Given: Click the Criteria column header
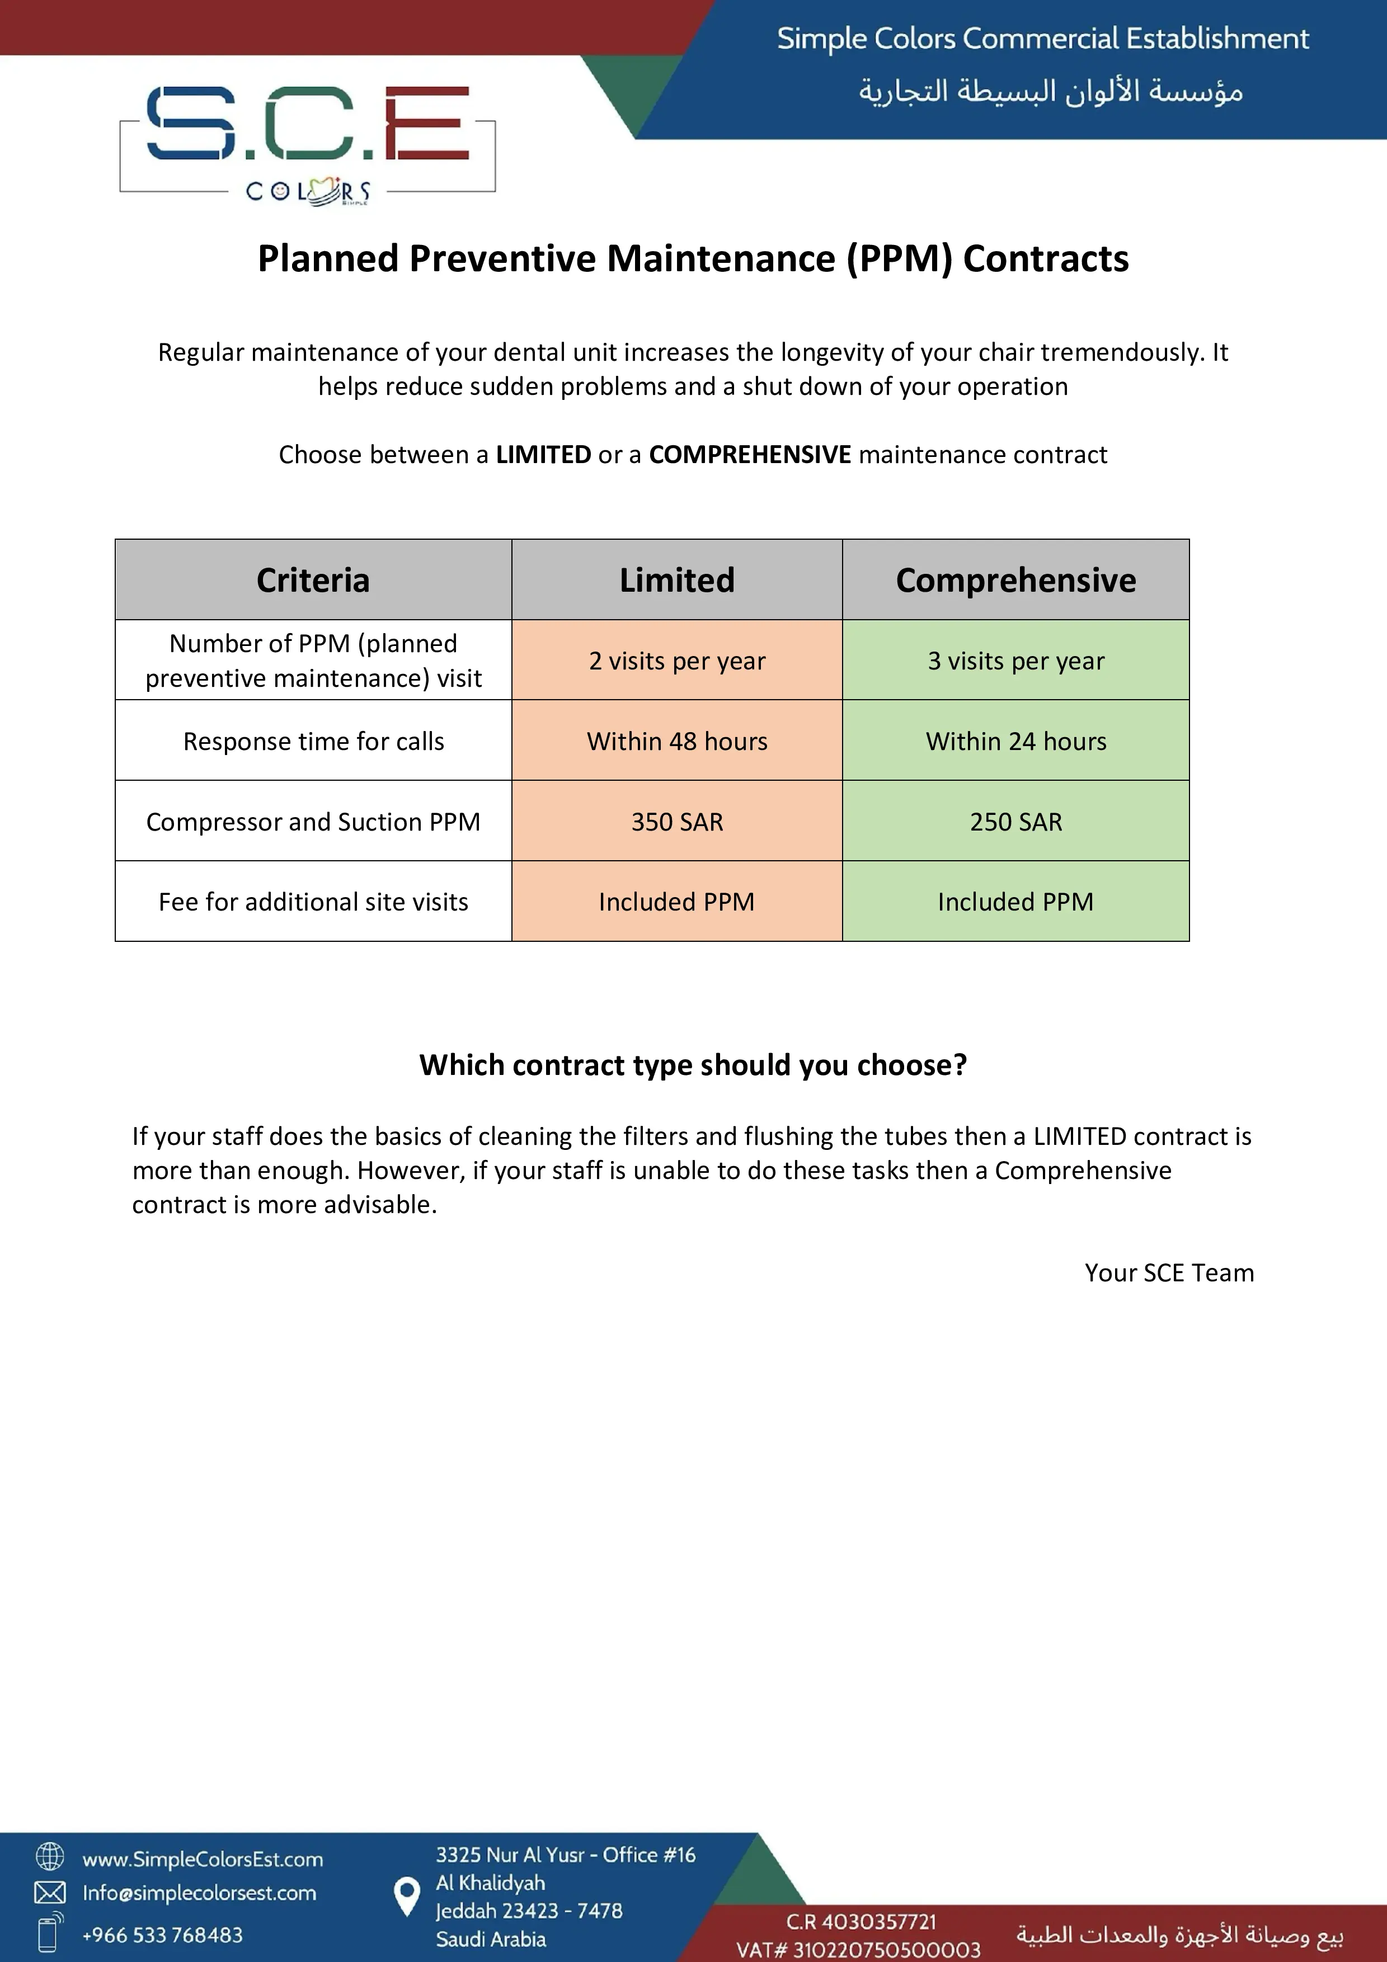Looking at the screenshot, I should [313, 580].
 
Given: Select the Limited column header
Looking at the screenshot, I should [677, 580].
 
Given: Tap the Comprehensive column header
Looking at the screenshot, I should [1015, 580].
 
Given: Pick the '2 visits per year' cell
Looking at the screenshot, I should [677, 661].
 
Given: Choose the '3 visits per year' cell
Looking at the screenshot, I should [1015, 661].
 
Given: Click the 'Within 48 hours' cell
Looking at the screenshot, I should [677, 741].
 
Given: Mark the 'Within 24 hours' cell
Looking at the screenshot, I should [1015, 741].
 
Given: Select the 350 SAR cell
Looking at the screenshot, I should [677, 821].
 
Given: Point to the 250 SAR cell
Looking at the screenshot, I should [1015, 821].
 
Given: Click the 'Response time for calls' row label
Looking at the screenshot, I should [313, 741].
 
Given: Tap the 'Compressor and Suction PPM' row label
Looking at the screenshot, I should [313, 821].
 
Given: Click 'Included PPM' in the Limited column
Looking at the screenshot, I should [677, 902].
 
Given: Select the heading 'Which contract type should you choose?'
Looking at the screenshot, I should [693, 1065].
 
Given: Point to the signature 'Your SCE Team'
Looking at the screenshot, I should [1169, 1272].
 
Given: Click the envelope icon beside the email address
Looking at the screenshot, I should [50, 1893].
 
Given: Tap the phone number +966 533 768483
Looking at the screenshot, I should [162, 1935].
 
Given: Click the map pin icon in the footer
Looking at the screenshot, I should [407, 1896].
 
